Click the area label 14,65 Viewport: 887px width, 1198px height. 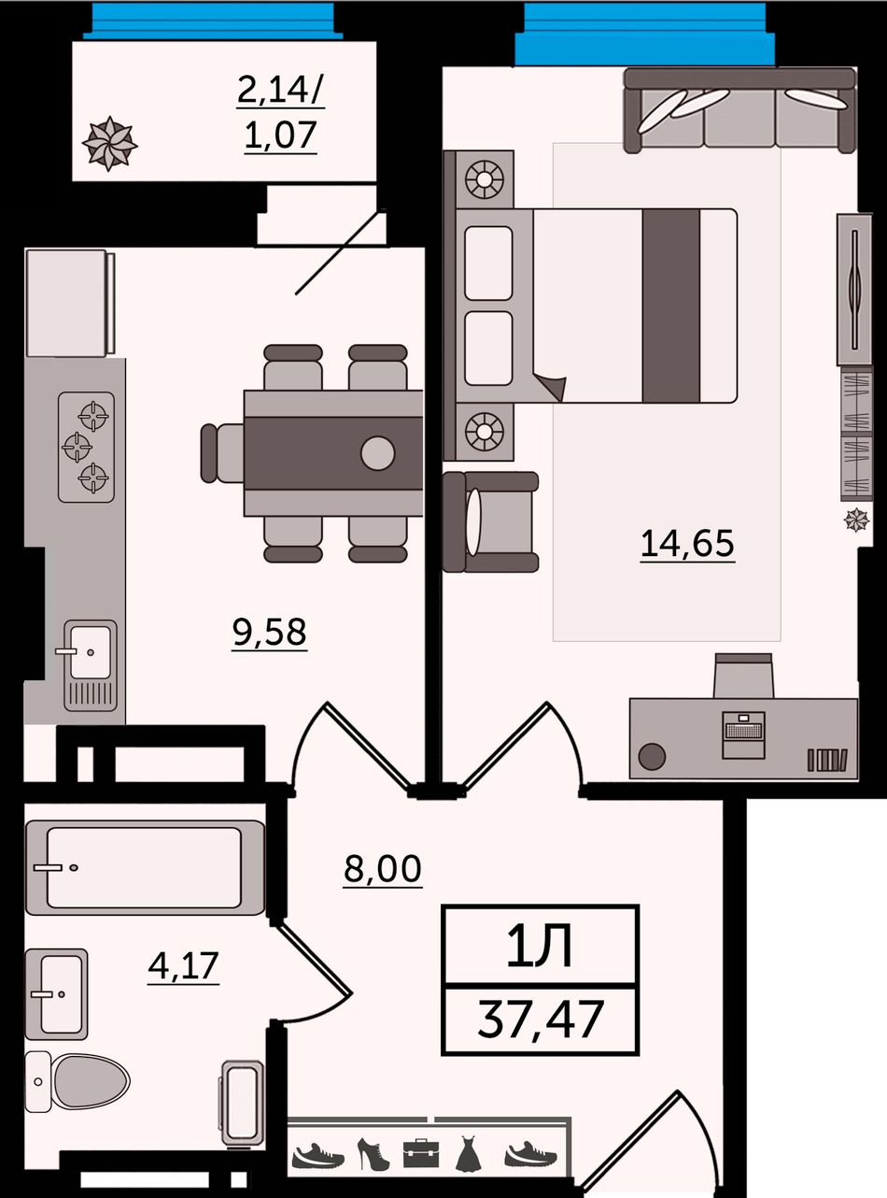(687, 544)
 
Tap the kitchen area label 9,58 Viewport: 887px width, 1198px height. (270, 632)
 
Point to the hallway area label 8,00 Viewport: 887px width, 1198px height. (382, 868)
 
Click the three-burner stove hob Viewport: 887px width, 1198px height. (87, 448)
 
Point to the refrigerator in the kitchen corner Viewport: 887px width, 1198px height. (69, 303)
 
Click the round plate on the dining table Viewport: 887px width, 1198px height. (378, 452)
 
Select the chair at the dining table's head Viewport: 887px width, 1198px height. (222, 452)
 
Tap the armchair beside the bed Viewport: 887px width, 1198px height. (491, 521)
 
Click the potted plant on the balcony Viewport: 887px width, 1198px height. (109, 144)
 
